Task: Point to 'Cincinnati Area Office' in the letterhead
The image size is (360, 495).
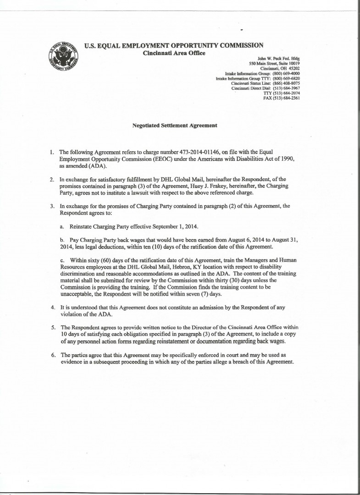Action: coord(174,53)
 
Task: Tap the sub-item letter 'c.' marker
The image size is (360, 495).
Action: coord(63,260)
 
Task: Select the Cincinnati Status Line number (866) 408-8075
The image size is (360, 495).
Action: coord(286,83)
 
